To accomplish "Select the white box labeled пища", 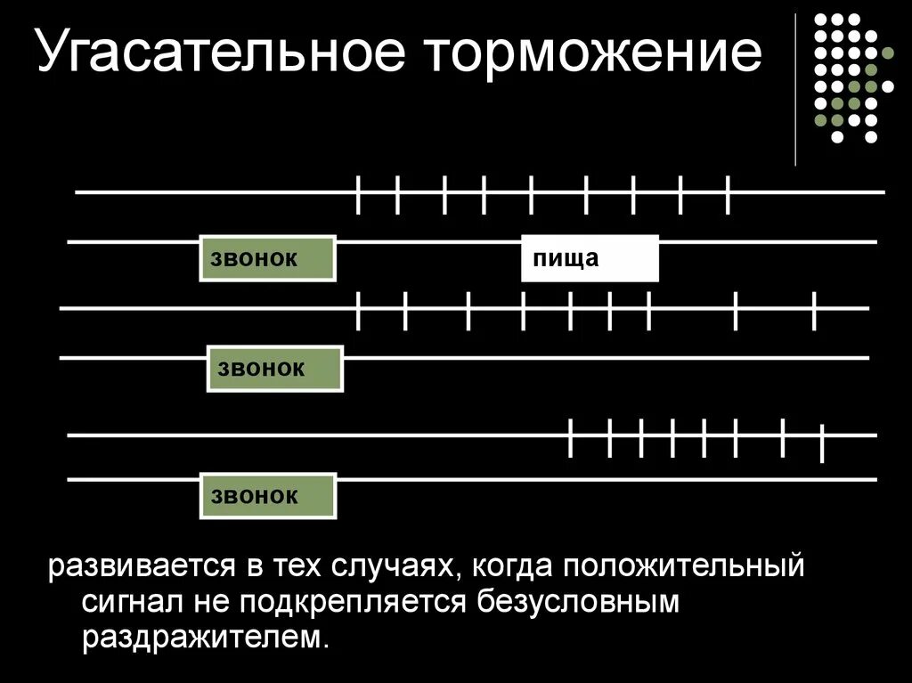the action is tap(590, 259).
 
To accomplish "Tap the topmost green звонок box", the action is tap(267, 259).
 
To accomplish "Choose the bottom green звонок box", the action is tap(267, 496).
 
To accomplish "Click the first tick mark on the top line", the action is tap(358, 195).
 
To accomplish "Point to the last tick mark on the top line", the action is tap(729, 195).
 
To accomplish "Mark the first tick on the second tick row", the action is tap(358, 310).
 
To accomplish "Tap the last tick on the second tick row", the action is tap(814, 310).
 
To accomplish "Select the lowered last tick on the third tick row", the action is tap(822, 443).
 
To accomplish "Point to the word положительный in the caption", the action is tap(682, 566).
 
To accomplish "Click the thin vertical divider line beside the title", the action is tap(795, 89).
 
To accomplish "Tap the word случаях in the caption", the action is tap(398, 566).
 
